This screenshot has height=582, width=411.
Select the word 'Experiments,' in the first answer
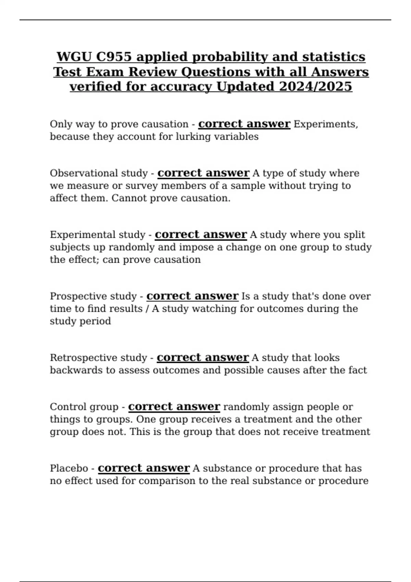pos(326,124)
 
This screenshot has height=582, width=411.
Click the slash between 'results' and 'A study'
pos(147,309)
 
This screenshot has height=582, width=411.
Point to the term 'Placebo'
pos(68,468)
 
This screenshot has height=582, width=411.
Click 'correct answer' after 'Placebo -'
pos(144,468)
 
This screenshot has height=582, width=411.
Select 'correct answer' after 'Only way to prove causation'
pos(244,124)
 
